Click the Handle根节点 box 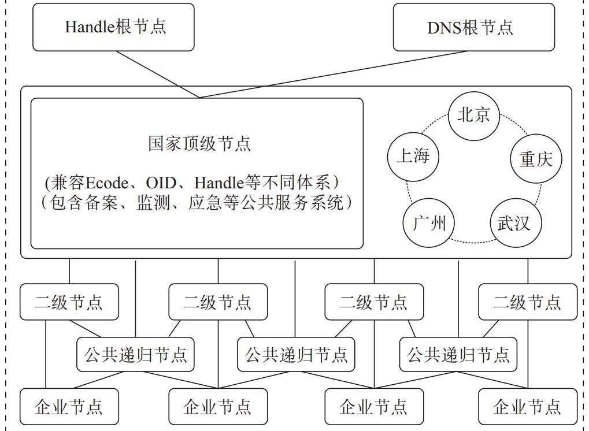(113, 27)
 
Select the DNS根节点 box (473, 27)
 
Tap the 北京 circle (474, 115)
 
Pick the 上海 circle (413, 156)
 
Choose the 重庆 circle (536, 159)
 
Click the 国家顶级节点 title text (199, 143)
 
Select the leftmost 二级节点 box (69, 302)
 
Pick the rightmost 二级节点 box (527, 302)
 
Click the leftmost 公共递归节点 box (135, 354)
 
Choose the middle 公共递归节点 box (296, 354)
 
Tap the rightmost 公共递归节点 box (458, 354)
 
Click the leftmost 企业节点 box (69, 407)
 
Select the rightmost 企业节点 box (527, 407)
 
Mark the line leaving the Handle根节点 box (156, 74)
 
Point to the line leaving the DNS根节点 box (335, 74)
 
